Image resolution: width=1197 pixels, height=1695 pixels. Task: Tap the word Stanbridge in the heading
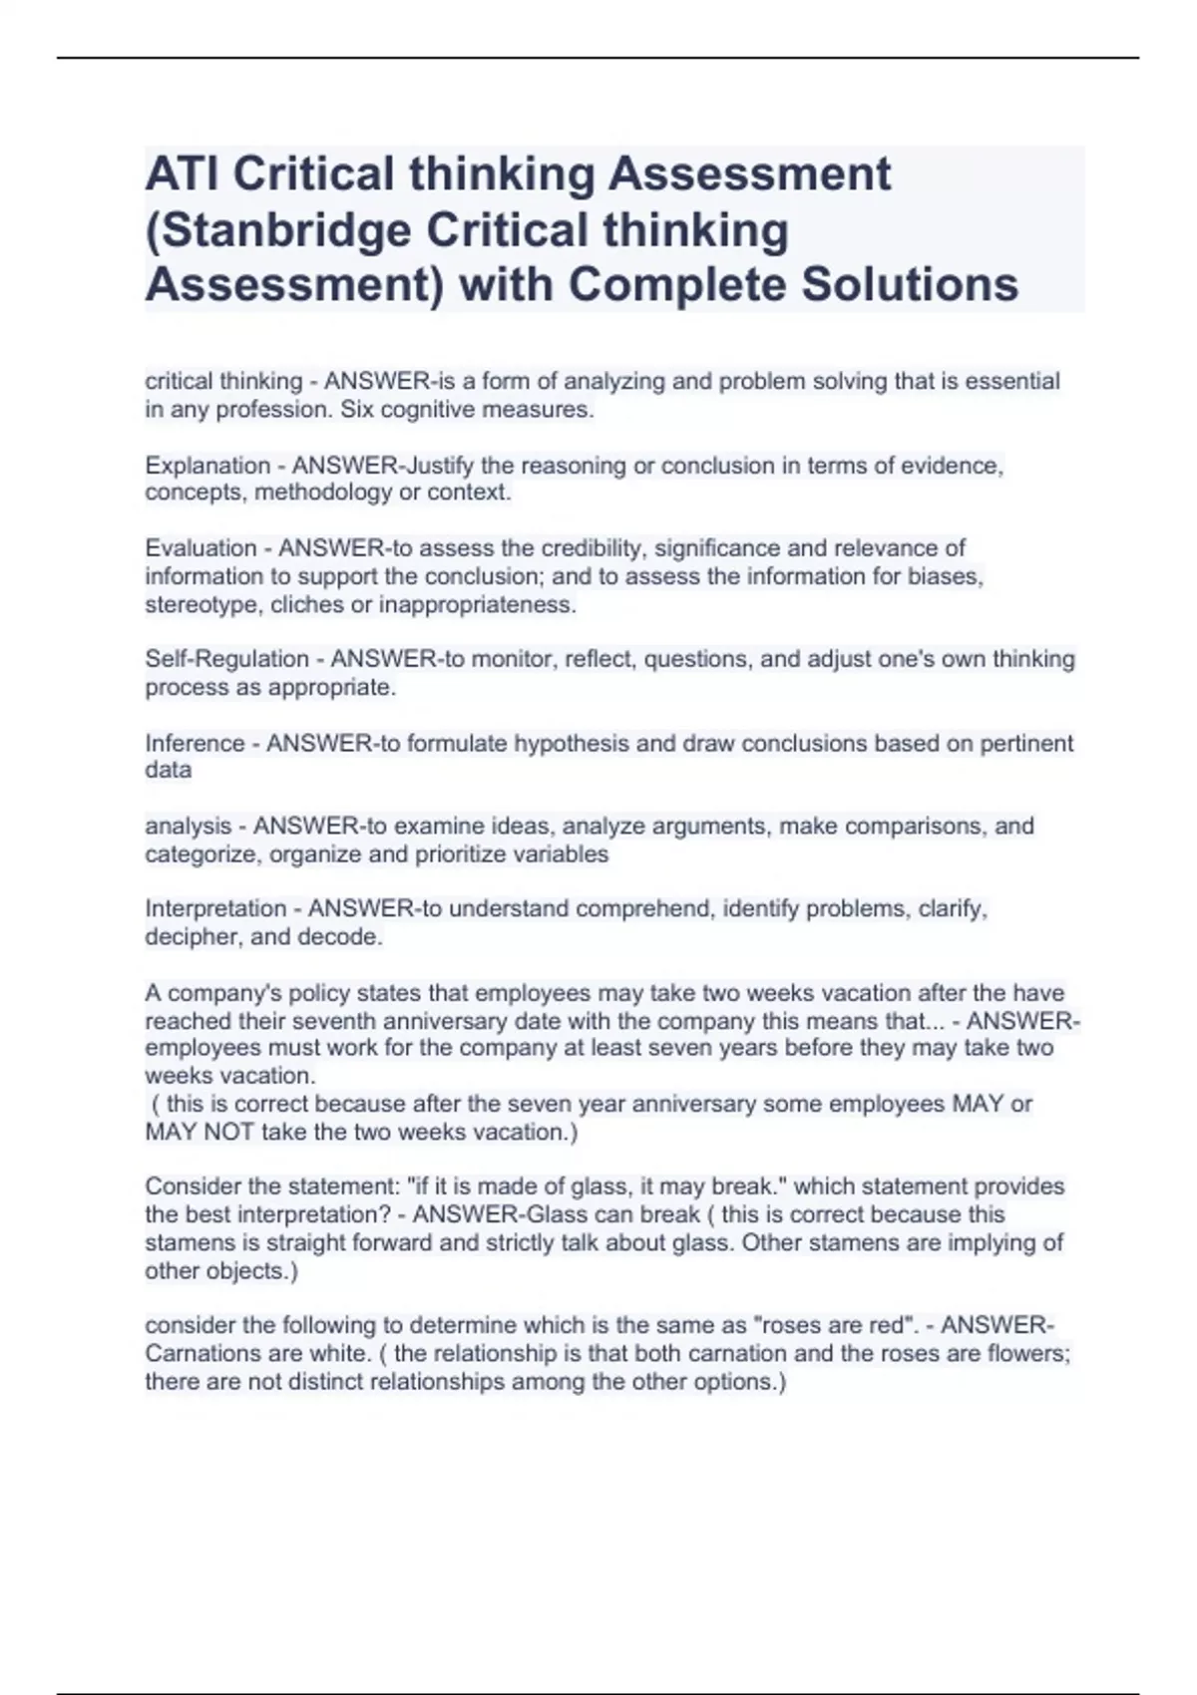(x=285, y=230)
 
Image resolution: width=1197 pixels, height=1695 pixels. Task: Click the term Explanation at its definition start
(x=207, y=466)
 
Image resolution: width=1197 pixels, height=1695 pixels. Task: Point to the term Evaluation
(x=200, y=548)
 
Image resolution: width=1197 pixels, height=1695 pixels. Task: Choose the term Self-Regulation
(x=226, y=659)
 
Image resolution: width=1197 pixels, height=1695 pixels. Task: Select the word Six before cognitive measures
(x=357, y=410)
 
